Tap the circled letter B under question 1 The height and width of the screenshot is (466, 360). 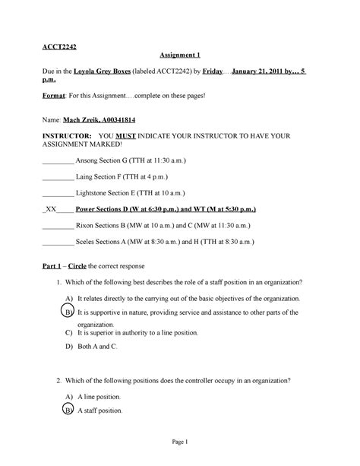pyautogui.click(x=68, y=312)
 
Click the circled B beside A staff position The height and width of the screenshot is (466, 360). pyautogui.click(x=68, y=411)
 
